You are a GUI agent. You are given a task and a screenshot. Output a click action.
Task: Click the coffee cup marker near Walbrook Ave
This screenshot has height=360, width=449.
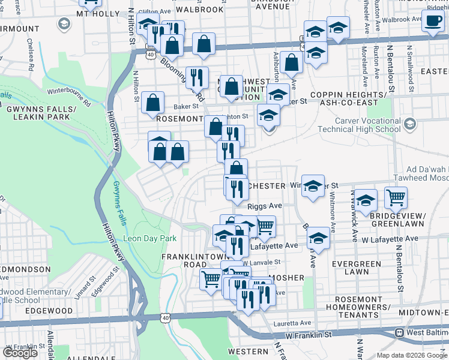(432, 20)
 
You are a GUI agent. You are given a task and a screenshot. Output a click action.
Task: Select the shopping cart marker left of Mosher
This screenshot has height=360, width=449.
(210, 279)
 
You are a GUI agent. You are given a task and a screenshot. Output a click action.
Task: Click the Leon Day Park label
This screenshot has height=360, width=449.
(150, 238)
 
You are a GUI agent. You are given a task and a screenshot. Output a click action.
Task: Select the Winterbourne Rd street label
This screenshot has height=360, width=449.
(68, 97)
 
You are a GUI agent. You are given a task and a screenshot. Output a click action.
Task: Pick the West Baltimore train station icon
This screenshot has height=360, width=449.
(398, 332)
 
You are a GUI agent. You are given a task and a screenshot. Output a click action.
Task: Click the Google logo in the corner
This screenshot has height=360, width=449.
(20, 353)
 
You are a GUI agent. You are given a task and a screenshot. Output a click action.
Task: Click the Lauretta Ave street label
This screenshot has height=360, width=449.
(294, 323)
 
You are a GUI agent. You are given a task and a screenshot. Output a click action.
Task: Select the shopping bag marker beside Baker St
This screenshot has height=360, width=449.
(154, 103)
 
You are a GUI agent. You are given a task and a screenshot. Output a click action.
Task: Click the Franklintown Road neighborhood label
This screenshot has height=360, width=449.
(188, 260)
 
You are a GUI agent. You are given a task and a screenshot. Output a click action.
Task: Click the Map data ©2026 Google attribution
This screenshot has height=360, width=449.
(412, 355)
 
